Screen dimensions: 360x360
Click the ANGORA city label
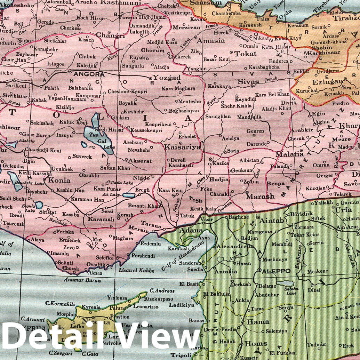tap(89, 74)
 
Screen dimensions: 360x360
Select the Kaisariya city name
tap(183, 147)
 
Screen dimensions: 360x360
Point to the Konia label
tap(59, 181)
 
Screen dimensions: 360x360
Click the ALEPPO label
tap(277, 271)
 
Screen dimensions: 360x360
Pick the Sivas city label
tap(248, 82)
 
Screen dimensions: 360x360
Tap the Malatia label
tap(289, 154)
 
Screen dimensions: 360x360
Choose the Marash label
tap(260, 197)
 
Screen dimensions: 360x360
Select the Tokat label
tap(245, 54)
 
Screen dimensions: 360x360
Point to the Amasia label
tap(210, 41)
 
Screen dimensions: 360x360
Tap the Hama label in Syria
tap(258, 322)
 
